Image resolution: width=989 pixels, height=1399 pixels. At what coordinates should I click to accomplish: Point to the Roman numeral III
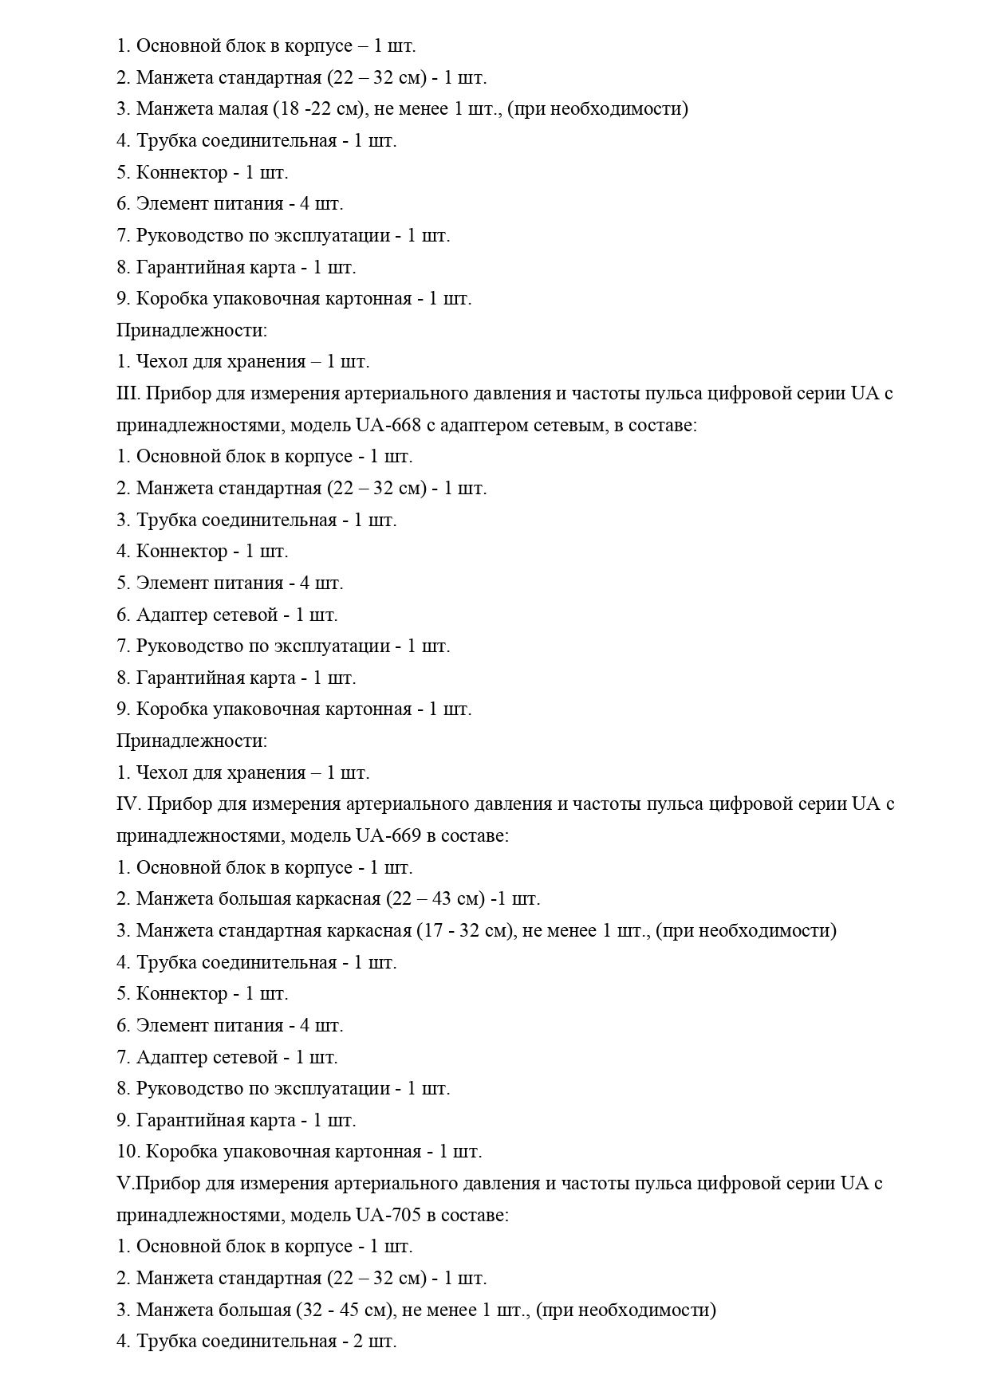pyautogui.click(x=128, y=393)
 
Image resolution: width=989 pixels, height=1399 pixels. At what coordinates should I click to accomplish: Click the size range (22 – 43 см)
pyautogui.click(x=435, y=898)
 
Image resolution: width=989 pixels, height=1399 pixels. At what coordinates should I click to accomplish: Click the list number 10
pyautogui.click(x=126, y=1151)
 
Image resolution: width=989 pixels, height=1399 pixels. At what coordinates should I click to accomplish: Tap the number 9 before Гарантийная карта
pyautogui.click(x=122, y=1120)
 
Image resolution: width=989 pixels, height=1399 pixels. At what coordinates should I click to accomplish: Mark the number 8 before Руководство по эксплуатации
pyautogui.click(x=122, y=1088)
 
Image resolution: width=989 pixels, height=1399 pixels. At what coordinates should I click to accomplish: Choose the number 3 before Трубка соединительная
pyautogui.click(x=122, y=520)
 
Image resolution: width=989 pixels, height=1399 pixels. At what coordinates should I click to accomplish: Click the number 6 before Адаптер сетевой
pyautogui.click(x=122, y=615)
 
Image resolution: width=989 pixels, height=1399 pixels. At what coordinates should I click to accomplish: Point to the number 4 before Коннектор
pyautogui.click(x=122, y=551)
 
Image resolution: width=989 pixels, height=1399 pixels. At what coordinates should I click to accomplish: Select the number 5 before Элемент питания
pyautogui.click(x=122, y=583)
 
